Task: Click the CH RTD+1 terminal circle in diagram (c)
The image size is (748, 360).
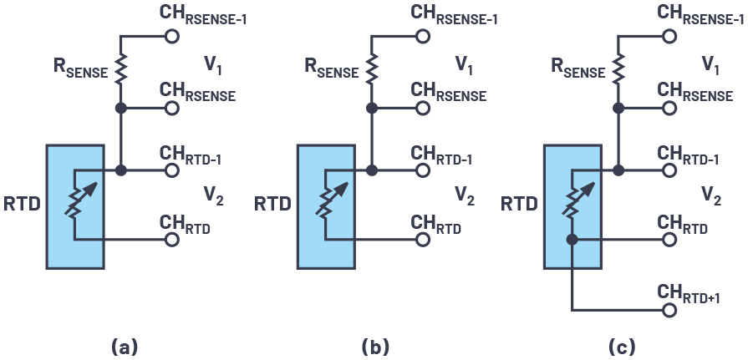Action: click(x=669, y=309)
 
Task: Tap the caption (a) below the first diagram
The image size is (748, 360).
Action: click(x=124, y=346)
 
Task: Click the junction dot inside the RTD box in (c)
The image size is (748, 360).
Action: click(x=572, y=240)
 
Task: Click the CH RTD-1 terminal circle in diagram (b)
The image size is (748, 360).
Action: click(x=422, y=170)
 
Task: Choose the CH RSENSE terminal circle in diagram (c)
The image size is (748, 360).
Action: click(x=669, y=109)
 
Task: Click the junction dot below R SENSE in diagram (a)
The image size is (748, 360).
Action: click(x=121, y=109)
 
